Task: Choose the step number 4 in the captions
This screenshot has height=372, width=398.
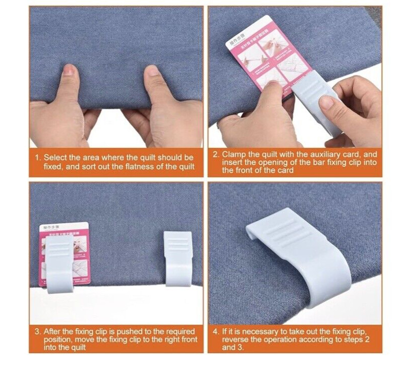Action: click(216, 332)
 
